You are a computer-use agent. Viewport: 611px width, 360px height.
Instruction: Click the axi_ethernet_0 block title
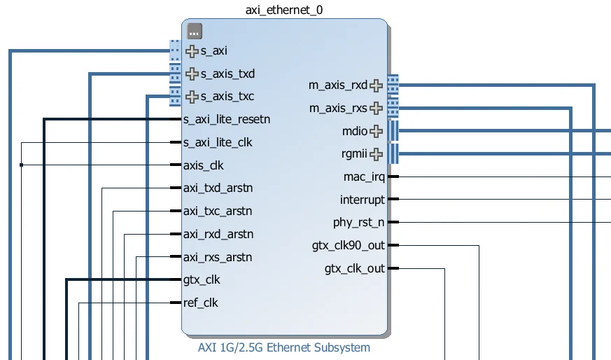[x=284, y=10]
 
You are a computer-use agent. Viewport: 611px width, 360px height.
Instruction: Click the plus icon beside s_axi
[x=192, y=50]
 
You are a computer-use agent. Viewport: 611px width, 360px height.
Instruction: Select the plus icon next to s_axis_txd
[x=192, y=74]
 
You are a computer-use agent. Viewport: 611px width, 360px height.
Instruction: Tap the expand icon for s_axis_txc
[x=192, y=97]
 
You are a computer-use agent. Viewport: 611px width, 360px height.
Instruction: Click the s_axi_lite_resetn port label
[x=226, y=119]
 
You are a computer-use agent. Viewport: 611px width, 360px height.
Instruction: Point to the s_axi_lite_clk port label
[x=218, y=142]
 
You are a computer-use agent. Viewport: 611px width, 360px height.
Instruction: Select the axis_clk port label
[x=204, y=165]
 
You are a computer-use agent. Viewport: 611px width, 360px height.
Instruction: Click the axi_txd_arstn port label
[x=218, y=188]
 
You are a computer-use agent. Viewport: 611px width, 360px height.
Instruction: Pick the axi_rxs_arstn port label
[x=218, y=257]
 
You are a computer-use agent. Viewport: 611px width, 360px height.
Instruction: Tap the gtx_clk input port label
[x=201, y=280]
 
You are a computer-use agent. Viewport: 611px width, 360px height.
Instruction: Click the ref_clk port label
[x=201, y=303]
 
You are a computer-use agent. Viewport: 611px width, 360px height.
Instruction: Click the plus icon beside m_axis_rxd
[x=377, y=85]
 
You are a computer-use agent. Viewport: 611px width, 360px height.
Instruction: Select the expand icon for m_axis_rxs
[x=377, y=108]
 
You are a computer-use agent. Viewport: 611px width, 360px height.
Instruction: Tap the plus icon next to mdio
[x=377, y=131]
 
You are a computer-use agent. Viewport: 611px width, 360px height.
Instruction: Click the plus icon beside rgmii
[x=377, y=154]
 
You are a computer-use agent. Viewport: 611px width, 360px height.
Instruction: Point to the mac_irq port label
[x=364, y=176]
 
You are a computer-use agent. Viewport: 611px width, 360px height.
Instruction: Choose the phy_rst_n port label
[x=358, y=223]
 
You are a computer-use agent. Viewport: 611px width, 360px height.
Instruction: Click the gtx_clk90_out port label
[x=348, y=246]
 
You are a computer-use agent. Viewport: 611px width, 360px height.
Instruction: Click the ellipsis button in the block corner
[x=195, y=31]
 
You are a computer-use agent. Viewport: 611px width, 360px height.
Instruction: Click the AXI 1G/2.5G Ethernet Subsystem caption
[x=284, y=347]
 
